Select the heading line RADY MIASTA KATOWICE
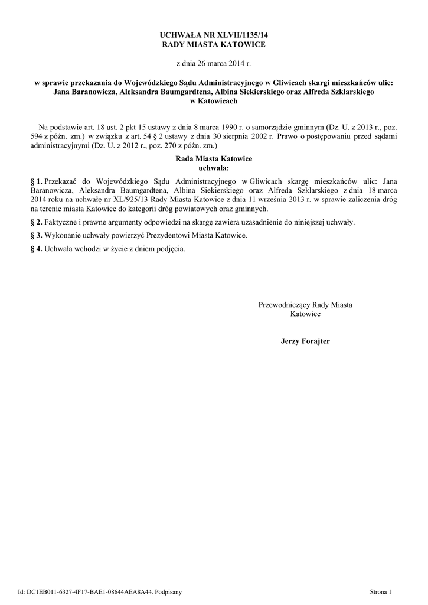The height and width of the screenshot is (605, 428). (214, 45)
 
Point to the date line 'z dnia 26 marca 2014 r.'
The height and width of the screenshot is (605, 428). (214, 62)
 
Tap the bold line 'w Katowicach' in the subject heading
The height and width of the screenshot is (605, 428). (214, 101)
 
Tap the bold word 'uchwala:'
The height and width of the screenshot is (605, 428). (214, 168)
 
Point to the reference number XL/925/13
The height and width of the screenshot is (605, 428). (131, 200)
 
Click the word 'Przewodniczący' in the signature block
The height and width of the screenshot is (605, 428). (284, 305)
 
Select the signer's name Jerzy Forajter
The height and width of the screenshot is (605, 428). (305, 341)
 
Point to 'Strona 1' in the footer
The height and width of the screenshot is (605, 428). (380, 591)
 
